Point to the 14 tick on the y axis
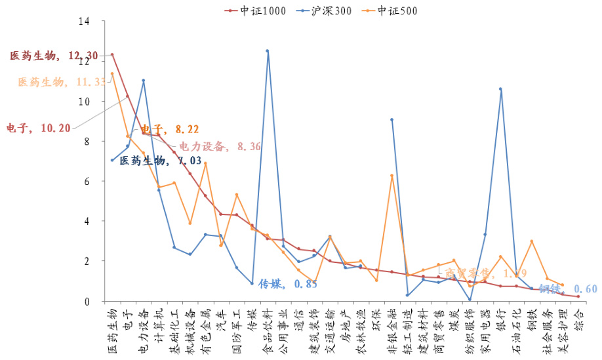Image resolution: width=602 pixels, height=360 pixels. tap(83, 21)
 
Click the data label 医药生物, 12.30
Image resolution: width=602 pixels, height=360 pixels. tap(54, 56)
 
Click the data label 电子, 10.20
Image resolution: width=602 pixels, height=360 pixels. tap(38, 128)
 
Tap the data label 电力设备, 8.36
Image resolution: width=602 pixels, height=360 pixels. tap(220, 146)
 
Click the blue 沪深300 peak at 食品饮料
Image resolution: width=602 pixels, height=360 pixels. tap(268, 50)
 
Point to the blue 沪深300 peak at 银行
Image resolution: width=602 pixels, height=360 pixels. tap(500, 89)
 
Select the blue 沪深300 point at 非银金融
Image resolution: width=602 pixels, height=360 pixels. tap(391, 119)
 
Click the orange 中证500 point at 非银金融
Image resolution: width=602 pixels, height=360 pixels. tap(391, 176)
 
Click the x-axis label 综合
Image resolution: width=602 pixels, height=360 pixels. tap(578, 317)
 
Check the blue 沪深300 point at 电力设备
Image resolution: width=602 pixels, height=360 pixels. tap(143, 81)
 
